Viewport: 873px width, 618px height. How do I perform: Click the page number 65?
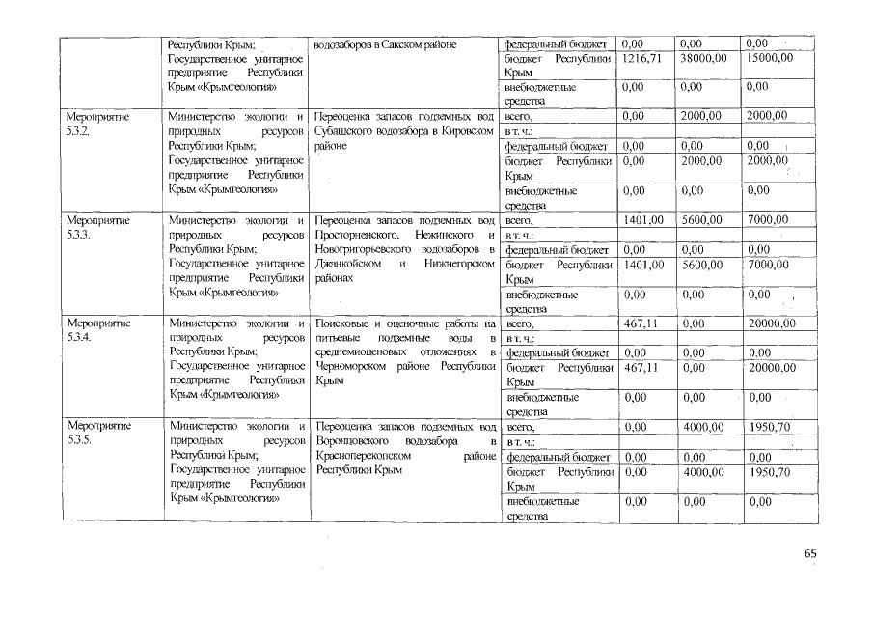[808, 554]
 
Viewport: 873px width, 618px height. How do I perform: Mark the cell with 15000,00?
[770, 60]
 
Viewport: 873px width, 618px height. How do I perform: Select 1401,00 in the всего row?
[643, 219]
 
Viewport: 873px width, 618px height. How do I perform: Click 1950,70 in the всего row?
[769, 427]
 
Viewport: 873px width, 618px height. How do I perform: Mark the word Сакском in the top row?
[404, 44]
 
